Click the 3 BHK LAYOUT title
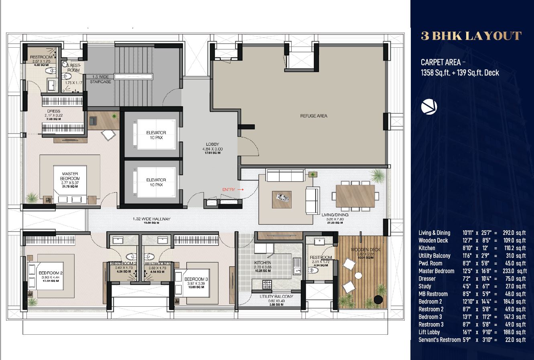click(x=471, y=36)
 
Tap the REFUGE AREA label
click(x=314, y=116)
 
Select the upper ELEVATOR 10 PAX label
click(x=156, y=135)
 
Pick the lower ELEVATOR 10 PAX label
click(x=156, y=182)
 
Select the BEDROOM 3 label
click(x=196, y=279)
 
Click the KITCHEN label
click(x=263, y=263)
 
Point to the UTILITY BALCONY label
click(x=276, y=297)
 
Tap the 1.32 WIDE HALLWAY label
click(x=152, y=219)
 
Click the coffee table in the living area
click(x=282, y=199)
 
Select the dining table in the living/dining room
click(x=355, y=196)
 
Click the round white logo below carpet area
click(x=429, y=107)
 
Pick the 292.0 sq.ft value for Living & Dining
click(x=514, y=233)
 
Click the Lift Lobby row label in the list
click(x=429, y=332)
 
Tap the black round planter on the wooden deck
click(x=378, y=299)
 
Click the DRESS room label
click(x=53, y=111)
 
